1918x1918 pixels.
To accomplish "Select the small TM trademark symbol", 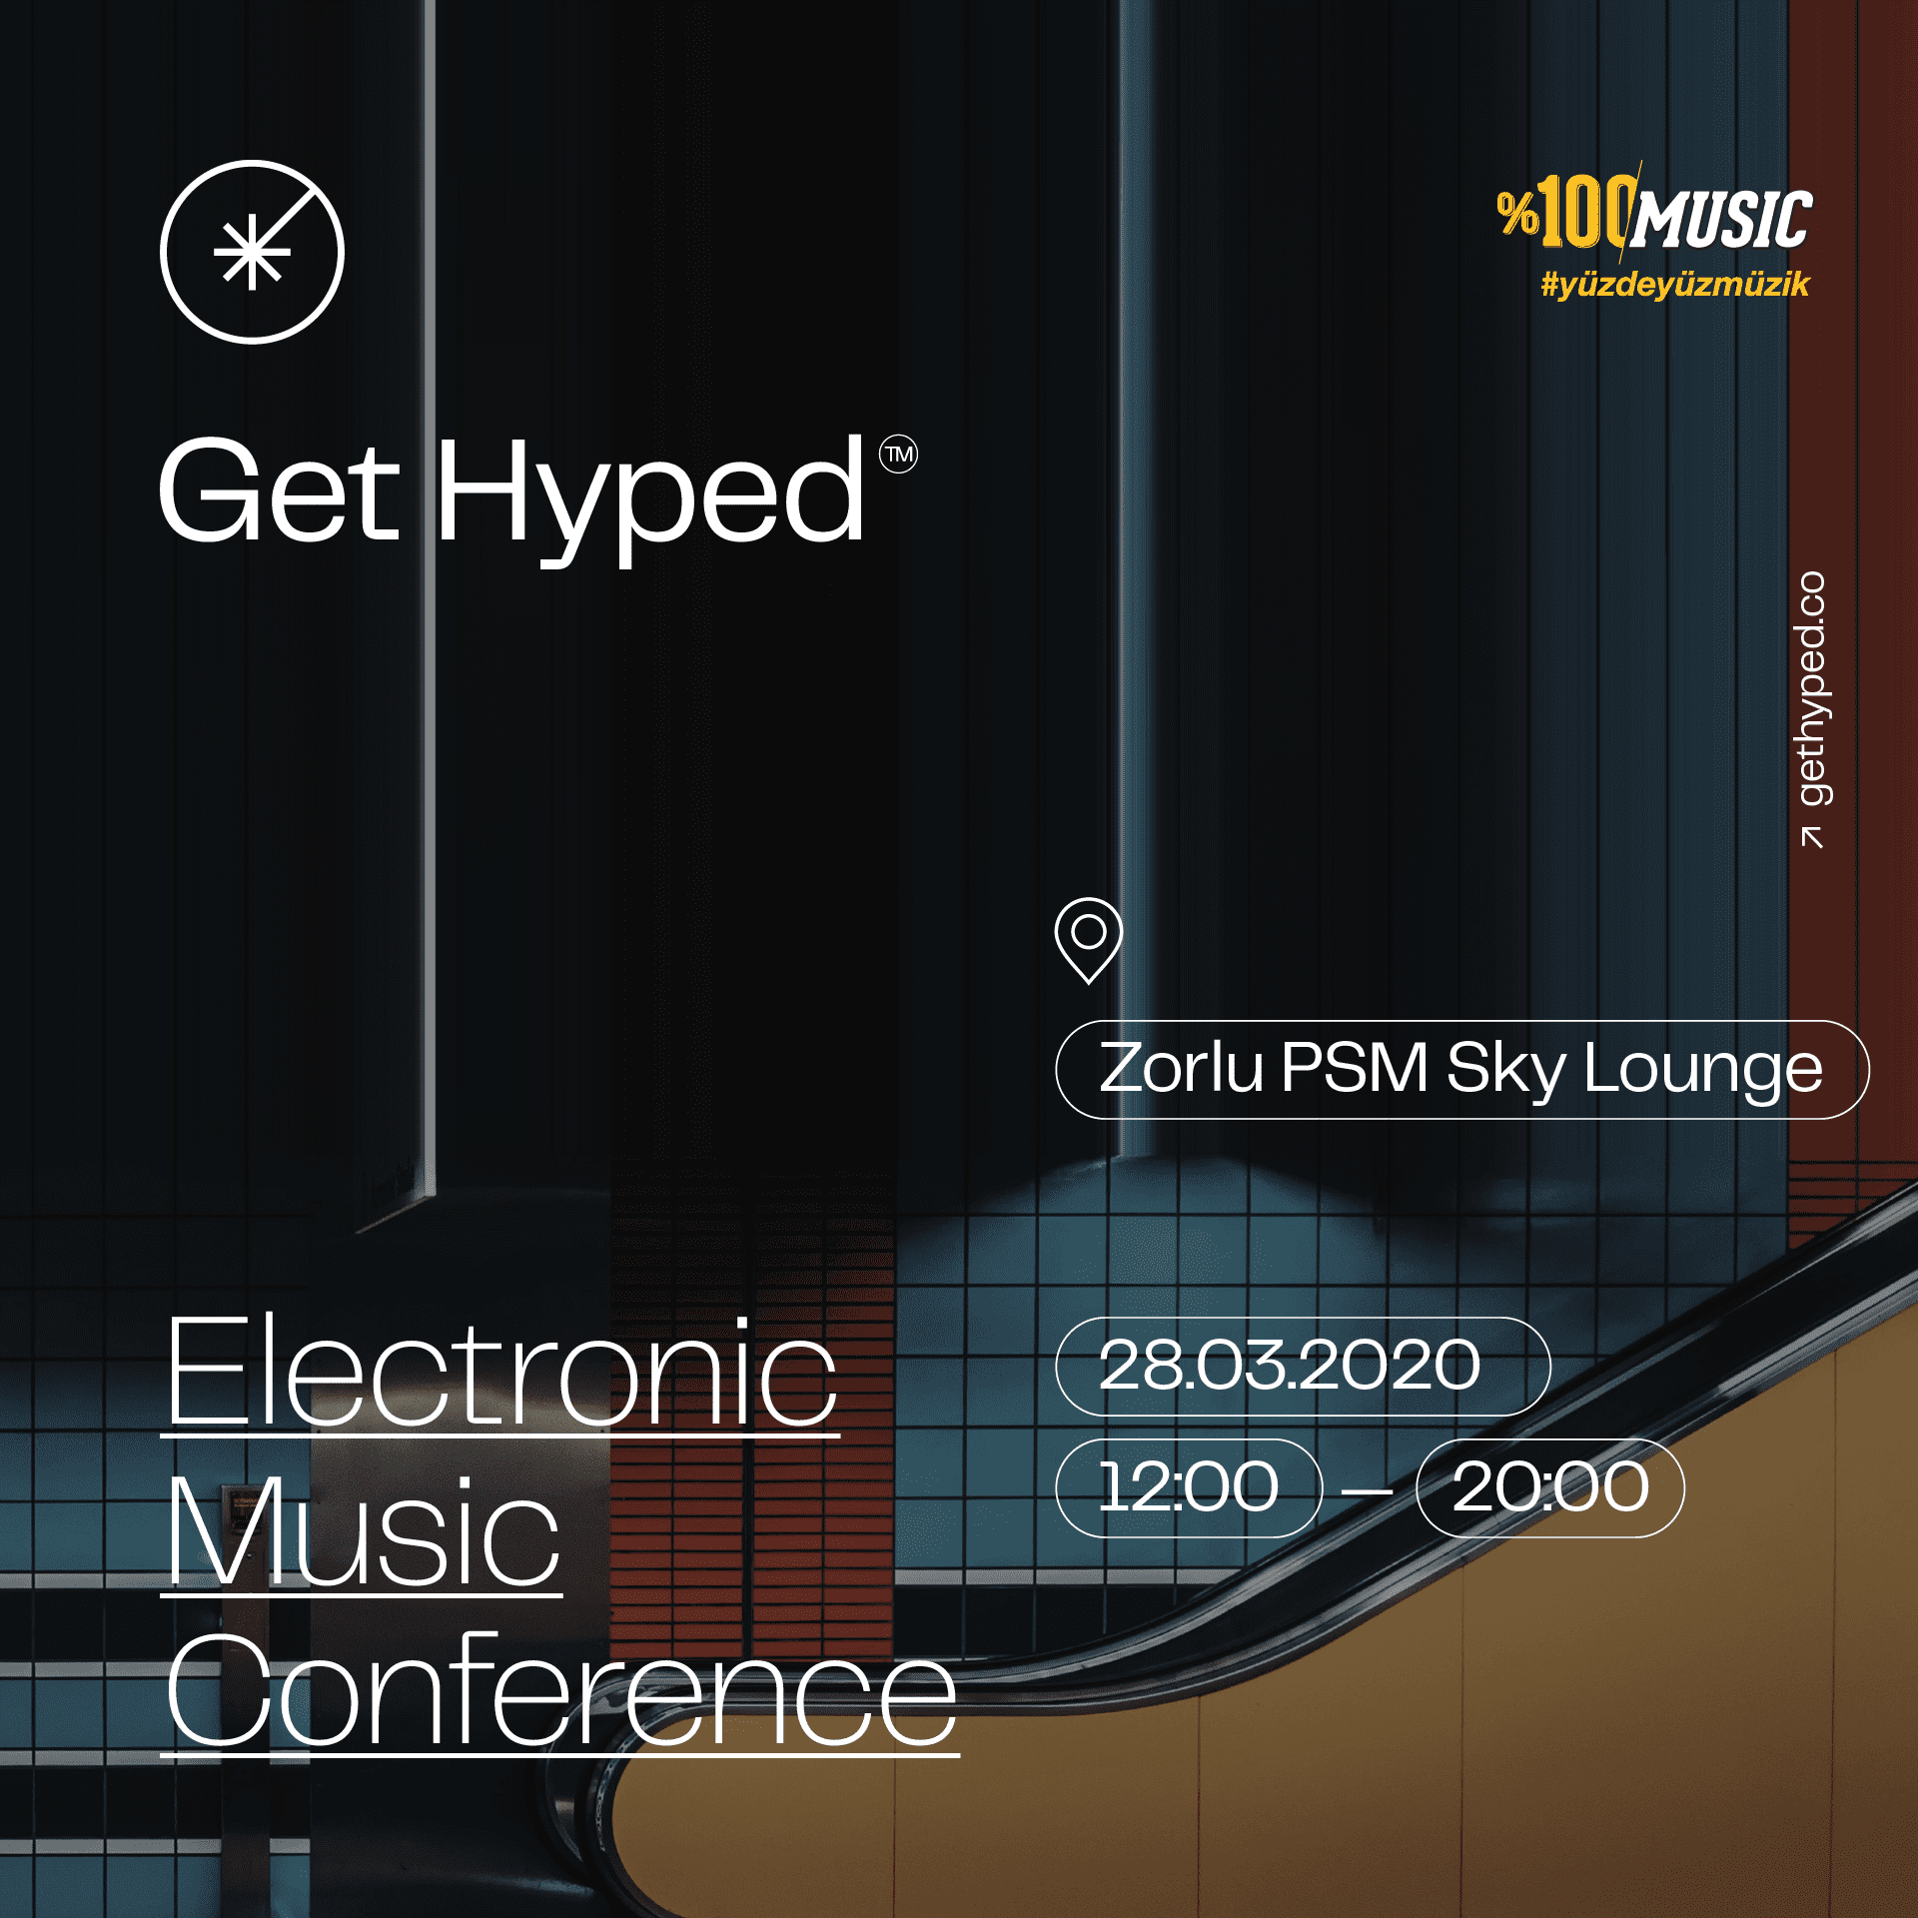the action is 898,456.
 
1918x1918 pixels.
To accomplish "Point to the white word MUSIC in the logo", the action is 1721,219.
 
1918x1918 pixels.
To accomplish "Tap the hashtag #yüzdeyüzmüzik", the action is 1675,285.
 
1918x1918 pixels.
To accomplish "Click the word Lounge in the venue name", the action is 1703,1071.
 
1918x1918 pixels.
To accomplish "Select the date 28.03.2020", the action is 1289,1366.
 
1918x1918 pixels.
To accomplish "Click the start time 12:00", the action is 1189,1486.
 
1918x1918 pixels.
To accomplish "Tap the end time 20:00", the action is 1550,1486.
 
